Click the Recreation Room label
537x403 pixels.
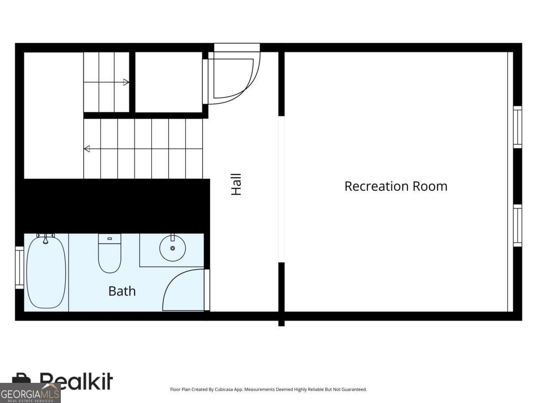pyautogui.click(x=396, y=186)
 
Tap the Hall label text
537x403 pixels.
pyautogui.click(x=236, y=184)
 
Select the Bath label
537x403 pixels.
pyautogui.click(x=122, y=291)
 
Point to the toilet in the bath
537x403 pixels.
pyautogui.click(x=110, y=257)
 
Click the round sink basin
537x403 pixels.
pyautogui.click(x=172, y=248)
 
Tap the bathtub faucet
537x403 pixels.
pyautogui.click(x=45, y=239)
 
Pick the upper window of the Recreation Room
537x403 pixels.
pyautogui.click(x=517, y=127)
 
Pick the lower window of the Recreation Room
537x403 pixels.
pyautogui.click(x=517, y=226)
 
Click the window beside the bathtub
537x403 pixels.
pyautogui.click(x=19, y=267)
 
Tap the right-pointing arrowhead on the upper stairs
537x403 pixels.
pyautogui.click(x=126, y=82)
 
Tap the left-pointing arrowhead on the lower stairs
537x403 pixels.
pyautogui.click(x=87, y=149)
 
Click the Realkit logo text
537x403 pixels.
pyautogui.click(x=76, y=382)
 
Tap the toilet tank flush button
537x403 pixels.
pyautogui.click(x=110, y=239)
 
